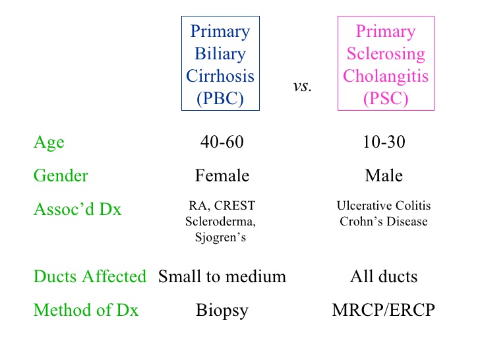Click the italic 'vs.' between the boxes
(302, 87)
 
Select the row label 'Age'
(49, 142)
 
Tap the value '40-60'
(222, 142)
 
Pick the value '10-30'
(383, 142)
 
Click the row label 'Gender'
(61, 176)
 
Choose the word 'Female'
(222, 176)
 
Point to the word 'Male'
(383, 176)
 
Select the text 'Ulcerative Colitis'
(383, 206)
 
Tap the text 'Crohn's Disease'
(383, 222)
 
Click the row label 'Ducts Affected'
(90, 276)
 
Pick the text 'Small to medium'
(222, 276)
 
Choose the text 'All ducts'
(383, 276)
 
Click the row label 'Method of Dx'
(86, 310)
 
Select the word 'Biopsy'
(222, 311)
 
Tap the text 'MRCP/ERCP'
(383, 310)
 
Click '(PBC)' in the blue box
(220, 98)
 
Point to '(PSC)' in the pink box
(385, 98)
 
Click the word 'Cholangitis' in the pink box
(385, 76)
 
